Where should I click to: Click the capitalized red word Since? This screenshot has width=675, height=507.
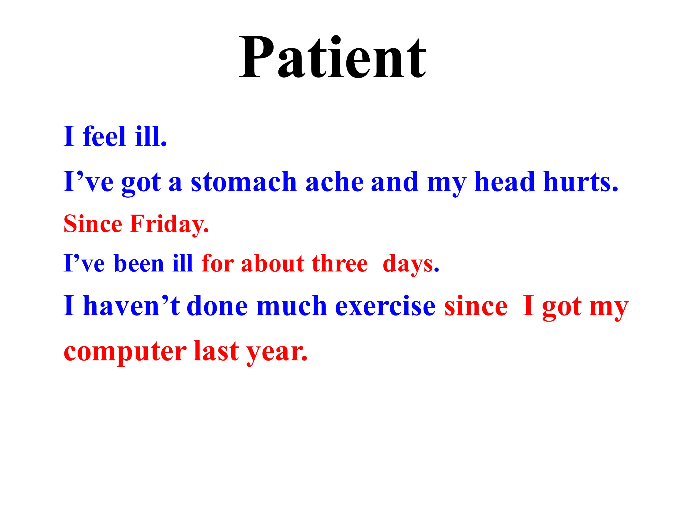tap(93, 224)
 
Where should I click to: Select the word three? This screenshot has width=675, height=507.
tap(340, 263)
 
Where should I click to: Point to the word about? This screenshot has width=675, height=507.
tap(273, 263)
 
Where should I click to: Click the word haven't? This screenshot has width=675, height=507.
tap(131, 306)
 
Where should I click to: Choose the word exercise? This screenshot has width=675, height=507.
tap(385, 306)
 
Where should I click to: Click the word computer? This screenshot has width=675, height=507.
tap(125, 352)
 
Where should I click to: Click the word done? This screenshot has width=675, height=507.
tap(217, 306)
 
